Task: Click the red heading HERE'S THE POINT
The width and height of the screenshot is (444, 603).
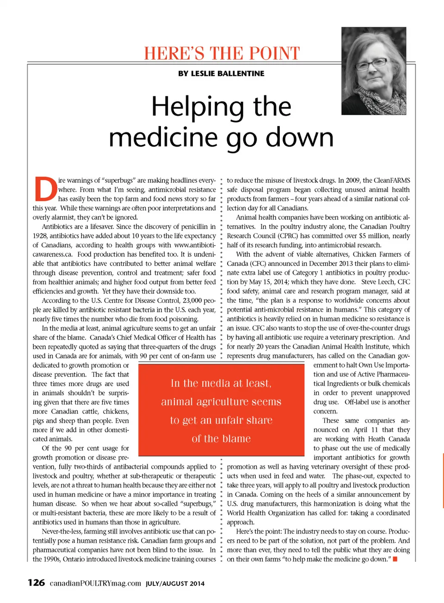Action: pyautogui.click(x=222, y=53)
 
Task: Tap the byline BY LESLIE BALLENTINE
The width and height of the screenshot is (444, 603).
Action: pyautogui.click(x=221, y=73)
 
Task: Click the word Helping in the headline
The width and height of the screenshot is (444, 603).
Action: pyautogui.click(x=198, y=107)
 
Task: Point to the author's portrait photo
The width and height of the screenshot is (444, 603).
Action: pyautogui.click(x=374, y=71)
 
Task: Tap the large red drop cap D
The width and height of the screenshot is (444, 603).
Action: pyautogui.click(x=45, y=189)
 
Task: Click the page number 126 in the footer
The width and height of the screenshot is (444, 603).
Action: pyautogui.click(x=36, y=583)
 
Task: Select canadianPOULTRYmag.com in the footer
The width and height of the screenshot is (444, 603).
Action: pyautogui.click(x=95, y=583)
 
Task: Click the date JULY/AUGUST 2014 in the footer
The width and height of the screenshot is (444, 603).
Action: pyautogui.click(x=175, y=584)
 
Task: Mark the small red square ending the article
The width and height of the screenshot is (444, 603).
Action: pyautogui.click(x=395, y=559)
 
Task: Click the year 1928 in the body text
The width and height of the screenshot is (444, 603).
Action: pyautogui.click(x=40, y=236)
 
